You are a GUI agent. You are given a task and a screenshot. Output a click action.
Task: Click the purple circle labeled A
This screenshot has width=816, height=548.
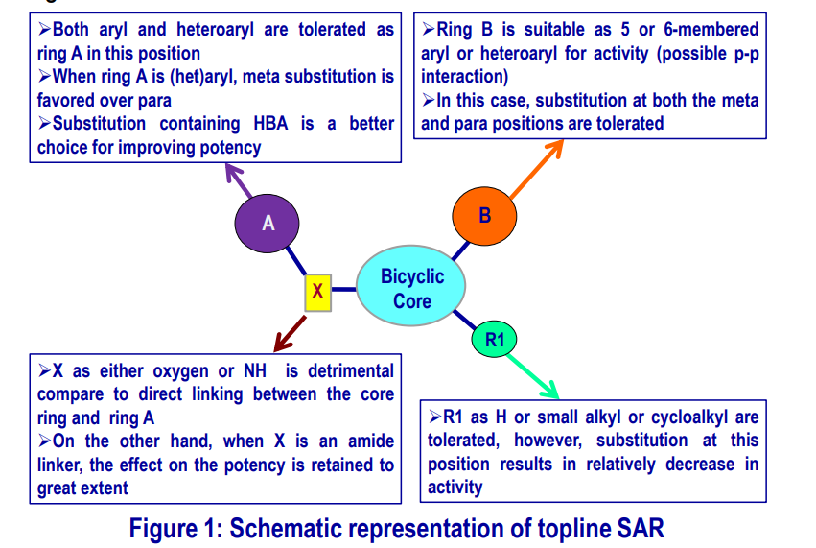click(267, 224)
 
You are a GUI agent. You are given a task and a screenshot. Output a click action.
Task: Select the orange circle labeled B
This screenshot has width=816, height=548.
click(484, 216)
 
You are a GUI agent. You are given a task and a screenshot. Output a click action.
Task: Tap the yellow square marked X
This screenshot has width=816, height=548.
click(318, 293)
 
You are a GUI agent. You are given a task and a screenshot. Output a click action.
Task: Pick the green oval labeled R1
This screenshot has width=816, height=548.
click(494, 339)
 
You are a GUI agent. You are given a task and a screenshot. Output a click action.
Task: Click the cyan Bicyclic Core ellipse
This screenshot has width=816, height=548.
click(411, 285)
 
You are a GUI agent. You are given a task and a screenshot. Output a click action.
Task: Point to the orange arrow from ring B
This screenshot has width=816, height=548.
click(537, 169)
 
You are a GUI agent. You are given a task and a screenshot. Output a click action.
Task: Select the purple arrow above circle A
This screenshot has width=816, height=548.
click(239, 180)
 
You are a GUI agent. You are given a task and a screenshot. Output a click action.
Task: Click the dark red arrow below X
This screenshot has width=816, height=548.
click(290, 334)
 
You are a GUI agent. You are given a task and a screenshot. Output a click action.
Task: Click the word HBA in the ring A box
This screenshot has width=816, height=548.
click(270, 124)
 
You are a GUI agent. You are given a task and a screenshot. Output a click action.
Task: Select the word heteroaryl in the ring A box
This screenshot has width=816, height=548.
click(215, 30)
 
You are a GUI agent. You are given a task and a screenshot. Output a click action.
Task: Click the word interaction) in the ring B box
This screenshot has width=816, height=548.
click(465, 77)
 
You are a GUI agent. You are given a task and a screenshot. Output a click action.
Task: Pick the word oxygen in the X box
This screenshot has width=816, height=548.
click(182, 371)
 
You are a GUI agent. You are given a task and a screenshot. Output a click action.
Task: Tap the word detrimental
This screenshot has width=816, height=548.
click(351, 370)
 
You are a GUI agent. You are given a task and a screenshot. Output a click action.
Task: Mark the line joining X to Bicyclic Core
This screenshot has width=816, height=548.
click(344, 289)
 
